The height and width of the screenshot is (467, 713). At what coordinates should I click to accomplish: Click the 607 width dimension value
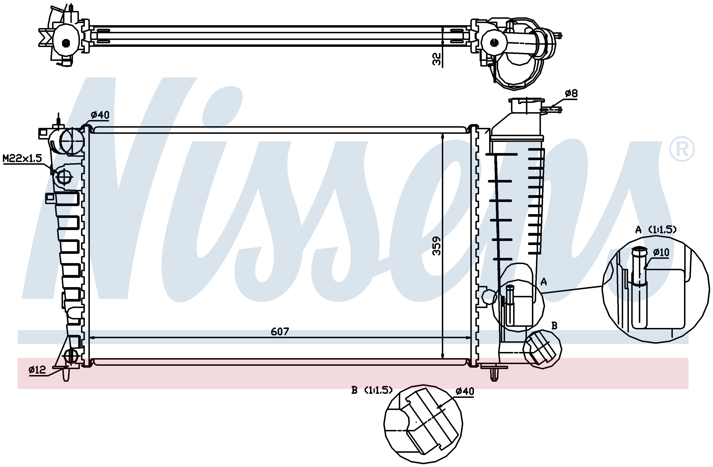coord(280,332)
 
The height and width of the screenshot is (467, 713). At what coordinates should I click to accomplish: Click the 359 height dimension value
coord(437,246)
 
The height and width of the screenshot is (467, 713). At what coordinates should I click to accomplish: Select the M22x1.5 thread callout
coord(22,159)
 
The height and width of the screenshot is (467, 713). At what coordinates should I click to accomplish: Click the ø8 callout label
coord(571,94)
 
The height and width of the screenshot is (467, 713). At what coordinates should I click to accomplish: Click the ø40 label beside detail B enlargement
coord(465,391)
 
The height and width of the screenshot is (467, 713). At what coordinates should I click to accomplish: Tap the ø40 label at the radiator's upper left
coord(100,115)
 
